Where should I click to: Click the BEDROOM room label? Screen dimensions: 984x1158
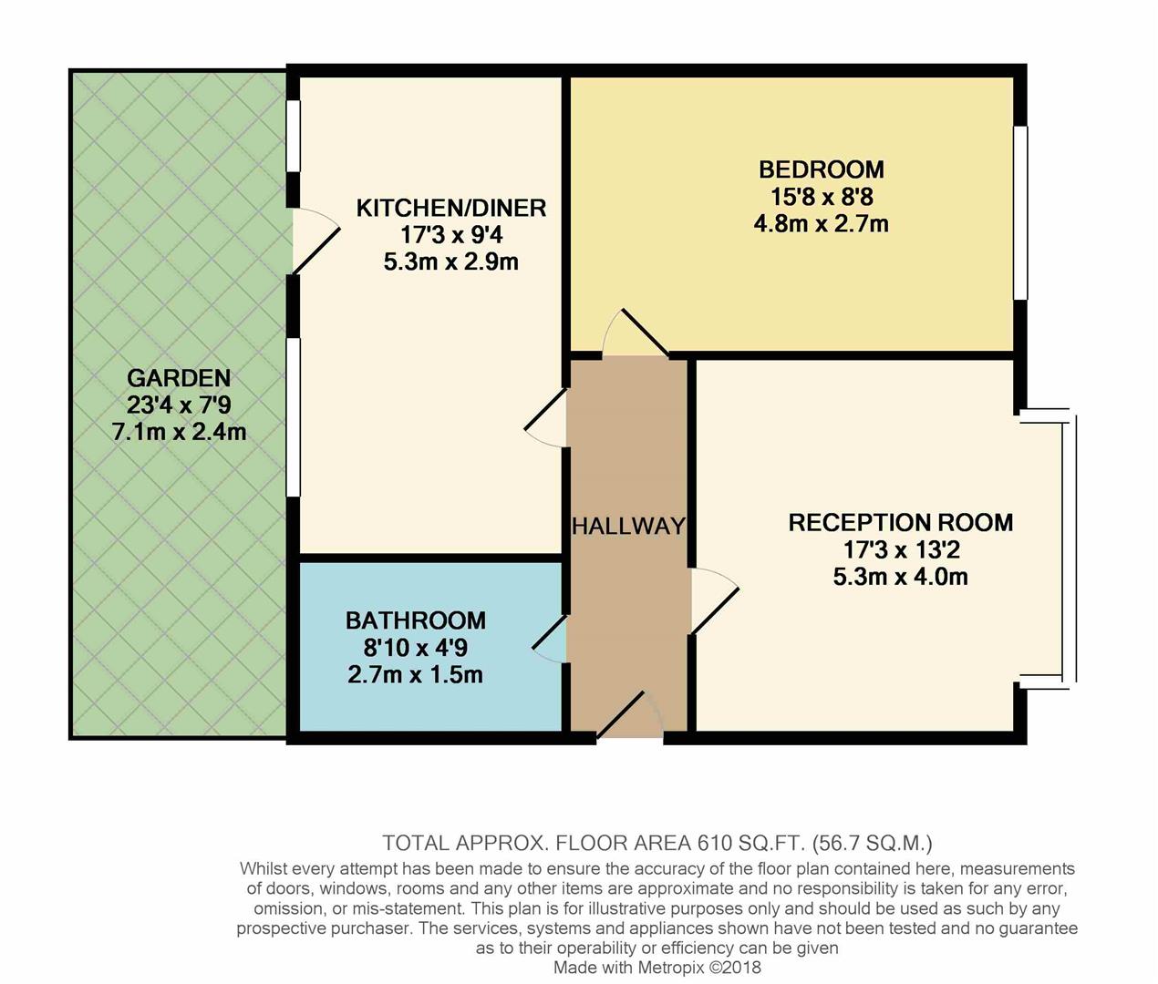point(821,169)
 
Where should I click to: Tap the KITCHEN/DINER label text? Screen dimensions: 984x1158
point(450,208)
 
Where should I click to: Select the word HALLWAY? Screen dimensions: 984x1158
point(628,526)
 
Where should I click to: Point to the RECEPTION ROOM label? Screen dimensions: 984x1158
point(900,523)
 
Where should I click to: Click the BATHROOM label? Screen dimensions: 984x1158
point(415,620)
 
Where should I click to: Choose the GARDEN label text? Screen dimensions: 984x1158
point(179,378)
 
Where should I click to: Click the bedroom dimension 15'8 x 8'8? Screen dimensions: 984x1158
point(821,197)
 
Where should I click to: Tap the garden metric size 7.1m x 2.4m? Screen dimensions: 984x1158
point(179,432)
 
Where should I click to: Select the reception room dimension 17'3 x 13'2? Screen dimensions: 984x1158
point(900,550)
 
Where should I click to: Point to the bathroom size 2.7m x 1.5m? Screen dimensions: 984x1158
point(415,675)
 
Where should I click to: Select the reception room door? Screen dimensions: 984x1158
point(713,599)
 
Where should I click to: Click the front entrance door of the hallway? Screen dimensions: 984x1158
point(629,716)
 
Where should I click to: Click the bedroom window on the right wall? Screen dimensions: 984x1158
point(1020,212)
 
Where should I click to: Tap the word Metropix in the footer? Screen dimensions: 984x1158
point(670,968)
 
